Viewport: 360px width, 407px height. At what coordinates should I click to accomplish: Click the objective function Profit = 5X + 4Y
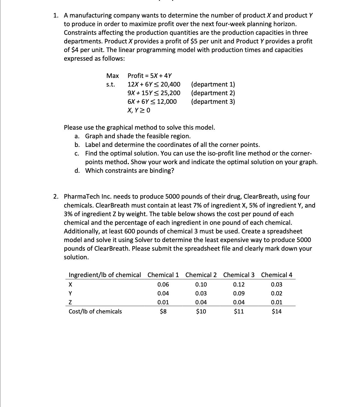pyautogui.click(x=150, y=76)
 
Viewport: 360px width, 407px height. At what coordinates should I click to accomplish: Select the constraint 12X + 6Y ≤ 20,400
pyautogui.click(x=154, y=84)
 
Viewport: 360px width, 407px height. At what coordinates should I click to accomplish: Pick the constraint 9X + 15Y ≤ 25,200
pyautogui.click(x=154, y=93)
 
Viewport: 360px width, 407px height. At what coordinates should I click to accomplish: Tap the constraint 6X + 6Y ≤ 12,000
pyautogui.click(x=152, y=102)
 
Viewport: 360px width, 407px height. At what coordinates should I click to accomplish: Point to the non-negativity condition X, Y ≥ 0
pyautogui.click(x=139, y=110)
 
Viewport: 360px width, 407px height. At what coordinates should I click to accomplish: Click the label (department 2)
pyautogui.click(x=213, y=93)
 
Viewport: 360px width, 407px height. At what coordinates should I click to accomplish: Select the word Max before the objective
pyautogui.click(x=113, y=76)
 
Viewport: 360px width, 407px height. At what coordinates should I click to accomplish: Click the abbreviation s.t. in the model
pyautogui.click(x=110, y=84)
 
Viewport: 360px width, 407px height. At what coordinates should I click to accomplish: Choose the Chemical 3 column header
pyautogui.click(x=239, y=275)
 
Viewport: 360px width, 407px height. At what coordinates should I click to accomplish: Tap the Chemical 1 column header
pyautogui.click(x=163, y=275)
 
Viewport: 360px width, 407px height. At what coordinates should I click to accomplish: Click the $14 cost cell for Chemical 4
pyautogui.click(x=277, y=312)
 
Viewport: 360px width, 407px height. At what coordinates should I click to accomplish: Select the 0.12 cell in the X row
pyautogui.click(x=239, y=284)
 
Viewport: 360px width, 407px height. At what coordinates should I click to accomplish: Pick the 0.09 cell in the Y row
pyautogui.click(x=239, y=294)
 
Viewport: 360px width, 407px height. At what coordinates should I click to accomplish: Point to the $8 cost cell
pyautogui.click(x=163, y=312)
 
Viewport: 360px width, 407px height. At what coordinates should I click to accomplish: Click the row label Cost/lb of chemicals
pyautogui.click(x=95, y=312)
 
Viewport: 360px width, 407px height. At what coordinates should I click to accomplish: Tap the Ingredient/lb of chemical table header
pyautogui.click(x=105, y=275)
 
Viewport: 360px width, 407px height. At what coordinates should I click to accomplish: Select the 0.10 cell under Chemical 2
pyautogui.click(x=201, y=284)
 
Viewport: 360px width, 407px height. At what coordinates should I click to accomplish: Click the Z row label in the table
pyautogui.click(x=71, y=302)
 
